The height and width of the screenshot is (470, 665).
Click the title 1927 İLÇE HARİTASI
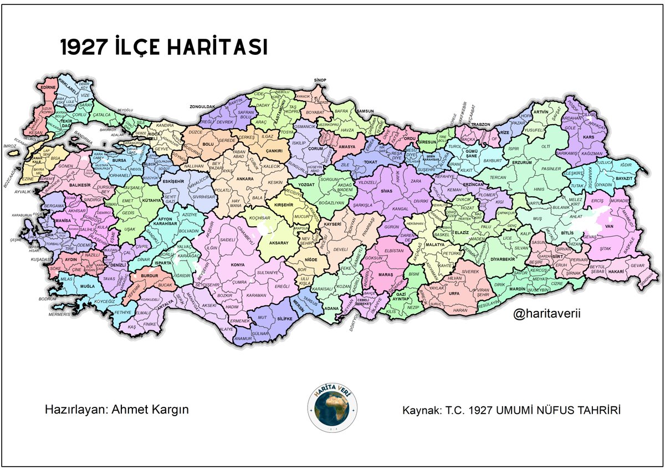click(x=164, y=48)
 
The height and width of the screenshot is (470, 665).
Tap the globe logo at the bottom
click(x=332, y=406)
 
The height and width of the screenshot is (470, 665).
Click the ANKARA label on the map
click(x=244, y=179)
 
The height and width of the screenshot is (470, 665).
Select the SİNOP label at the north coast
click(x=320, y=80)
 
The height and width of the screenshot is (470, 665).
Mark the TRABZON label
click(x=481, y=125)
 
